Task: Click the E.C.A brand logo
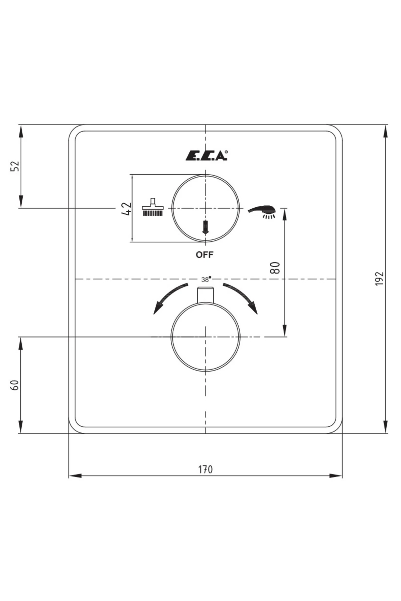[207, 156]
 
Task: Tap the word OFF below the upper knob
[204, 255]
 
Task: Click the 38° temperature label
[206, 279]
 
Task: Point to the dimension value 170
[205, 469]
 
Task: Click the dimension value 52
[15, 166]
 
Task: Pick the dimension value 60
[15, 385]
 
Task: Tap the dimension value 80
[275, 268]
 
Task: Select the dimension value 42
[126, 209]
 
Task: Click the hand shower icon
[262, 211]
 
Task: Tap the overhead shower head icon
[153, 208]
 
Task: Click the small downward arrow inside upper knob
[205, 227]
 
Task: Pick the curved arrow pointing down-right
[243, 297]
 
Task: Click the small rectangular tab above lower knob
[205, 294]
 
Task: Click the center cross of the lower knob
[205, 337]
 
